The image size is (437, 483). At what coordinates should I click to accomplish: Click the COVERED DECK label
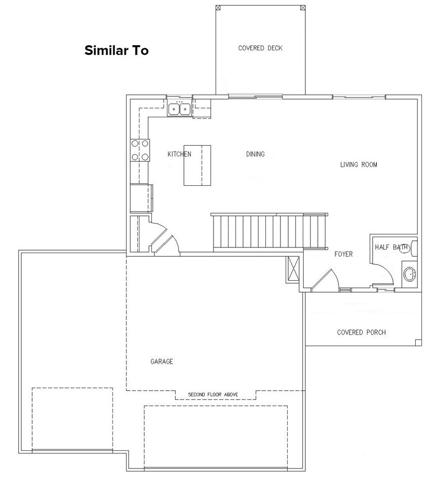tap(260, 48)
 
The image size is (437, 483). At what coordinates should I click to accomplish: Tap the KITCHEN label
tap(179, 154)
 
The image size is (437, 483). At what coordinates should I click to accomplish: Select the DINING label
tap(255, 154)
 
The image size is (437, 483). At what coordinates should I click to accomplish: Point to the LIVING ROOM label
tap(359, 165)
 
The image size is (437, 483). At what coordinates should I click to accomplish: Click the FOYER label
tap(343, 254)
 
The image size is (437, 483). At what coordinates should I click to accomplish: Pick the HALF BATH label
tap(391, 247)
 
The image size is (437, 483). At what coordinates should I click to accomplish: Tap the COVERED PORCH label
tap(361, 333)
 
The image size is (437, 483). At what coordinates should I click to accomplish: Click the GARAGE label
tap(162, 362)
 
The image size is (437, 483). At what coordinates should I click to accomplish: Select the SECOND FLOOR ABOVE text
tap(213, 395)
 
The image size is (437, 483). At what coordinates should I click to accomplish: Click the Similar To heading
tap(117, 50)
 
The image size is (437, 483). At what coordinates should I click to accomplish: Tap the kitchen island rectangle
tap(197, 165)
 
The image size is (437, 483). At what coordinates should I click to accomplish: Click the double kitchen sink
tap(179, 109)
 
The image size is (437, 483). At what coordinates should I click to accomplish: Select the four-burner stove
tap(140, 150)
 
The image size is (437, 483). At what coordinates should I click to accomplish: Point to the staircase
tap(268, 231)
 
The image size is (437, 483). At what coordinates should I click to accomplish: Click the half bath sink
tap(410, 273)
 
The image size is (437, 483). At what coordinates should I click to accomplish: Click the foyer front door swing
tap(327, 281)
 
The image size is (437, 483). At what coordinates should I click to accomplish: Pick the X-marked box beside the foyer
tap(293, 269)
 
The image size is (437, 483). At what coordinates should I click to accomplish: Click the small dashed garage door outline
tap(72, 419)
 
